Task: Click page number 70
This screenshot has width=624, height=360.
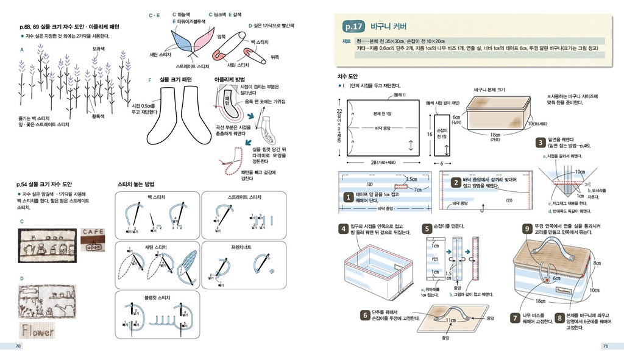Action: [18, 346]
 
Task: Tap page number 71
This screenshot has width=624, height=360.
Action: [605, 346]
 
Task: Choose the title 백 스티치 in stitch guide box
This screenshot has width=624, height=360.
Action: [157, 197]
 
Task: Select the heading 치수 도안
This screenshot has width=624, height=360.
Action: [349, 76]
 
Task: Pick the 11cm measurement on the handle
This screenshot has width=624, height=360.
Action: [451, 320]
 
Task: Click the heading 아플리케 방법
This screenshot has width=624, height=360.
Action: [229, 79]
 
